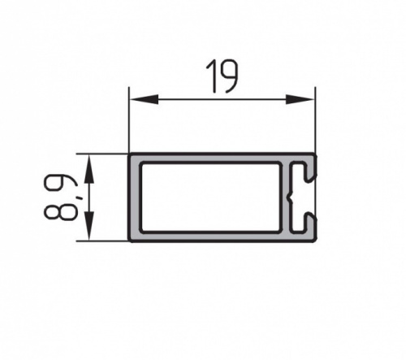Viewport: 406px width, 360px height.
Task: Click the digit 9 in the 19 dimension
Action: [228, 76]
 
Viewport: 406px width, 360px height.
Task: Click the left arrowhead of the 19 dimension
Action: [144, 99]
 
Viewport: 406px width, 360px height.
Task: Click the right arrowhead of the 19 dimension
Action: [300, 99]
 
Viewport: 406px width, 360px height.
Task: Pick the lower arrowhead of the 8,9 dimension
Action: [89, 226]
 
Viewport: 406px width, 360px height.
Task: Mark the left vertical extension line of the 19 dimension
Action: [129, 120]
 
